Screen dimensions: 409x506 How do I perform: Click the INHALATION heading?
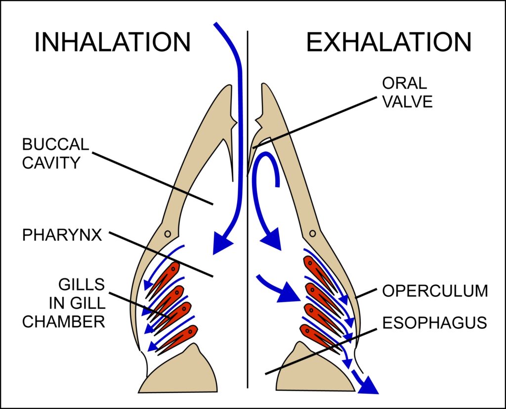pos(112,43)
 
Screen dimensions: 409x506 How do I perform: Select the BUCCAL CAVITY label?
pos(56,153)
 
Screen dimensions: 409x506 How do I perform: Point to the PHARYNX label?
pos(62,235)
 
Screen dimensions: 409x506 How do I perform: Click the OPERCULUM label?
pos(435,291)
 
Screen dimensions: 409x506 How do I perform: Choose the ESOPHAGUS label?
pos(435,323)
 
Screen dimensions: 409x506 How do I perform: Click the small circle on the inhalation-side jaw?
pos(168,233)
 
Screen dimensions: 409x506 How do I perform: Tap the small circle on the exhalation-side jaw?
pos(312,233)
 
